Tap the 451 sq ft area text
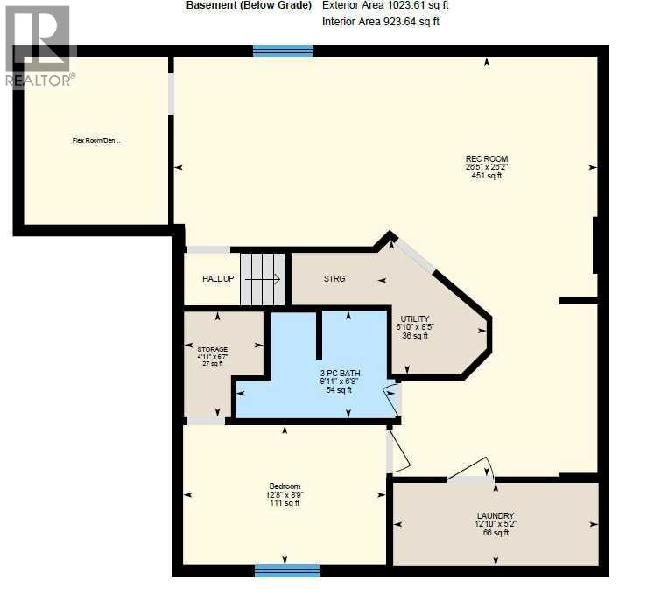486,176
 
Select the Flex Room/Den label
96,139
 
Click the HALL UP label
218,279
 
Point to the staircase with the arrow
263,280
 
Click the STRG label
334,279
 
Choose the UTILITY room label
414,318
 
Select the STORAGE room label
212,349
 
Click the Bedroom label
285,486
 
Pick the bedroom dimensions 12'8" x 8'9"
285,495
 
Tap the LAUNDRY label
496,515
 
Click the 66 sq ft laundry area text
496,533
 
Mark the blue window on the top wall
283,51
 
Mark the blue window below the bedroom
287,570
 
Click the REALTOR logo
39,45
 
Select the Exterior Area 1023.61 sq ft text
385,5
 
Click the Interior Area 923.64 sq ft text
381,21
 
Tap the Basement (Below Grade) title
249,5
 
